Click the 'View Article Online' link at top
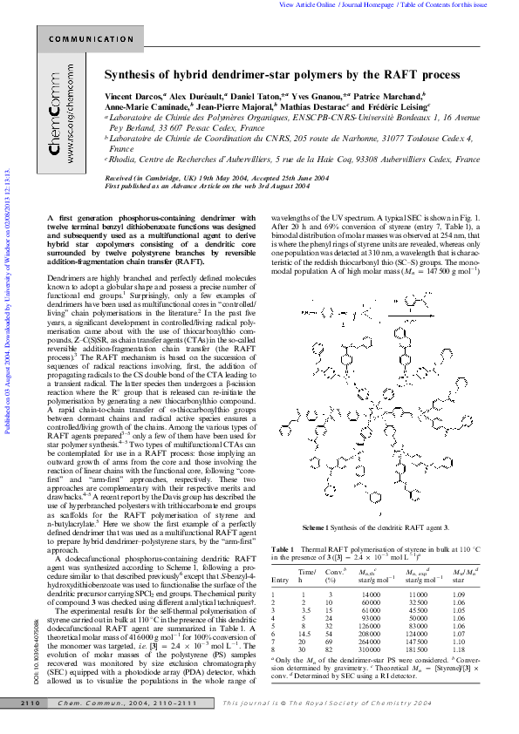tap(306, 4)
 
